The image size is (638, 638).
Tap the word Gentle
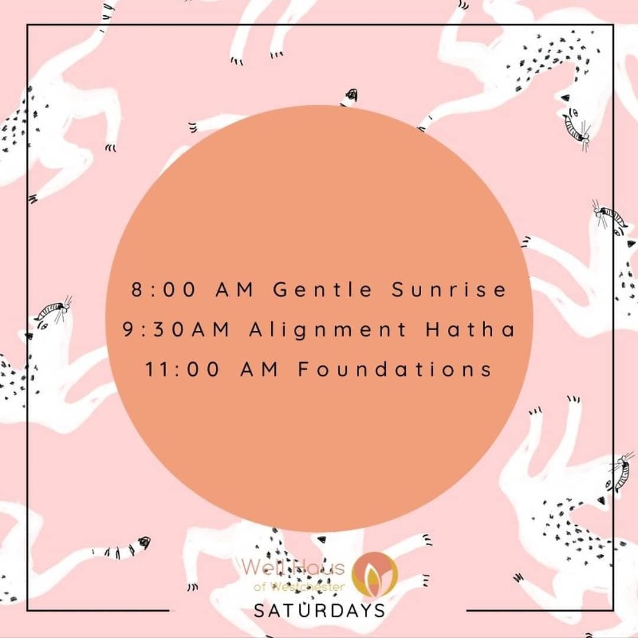pyautogui.click(x=324, y=290)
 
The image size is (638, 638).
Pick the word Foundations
pyautogui.click(x=395, y=370)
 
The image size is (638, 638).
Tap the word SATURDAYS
pyautogui.click(x=319, y=610)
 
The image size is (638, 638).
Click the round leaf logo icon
pyautogui.click(x=375, y=573)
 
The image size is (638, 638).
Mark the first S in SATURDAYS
pyautogui.click(x=259, y=610)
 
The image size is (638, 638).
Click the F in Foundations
pyautogui.click(x=303, y=370)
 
